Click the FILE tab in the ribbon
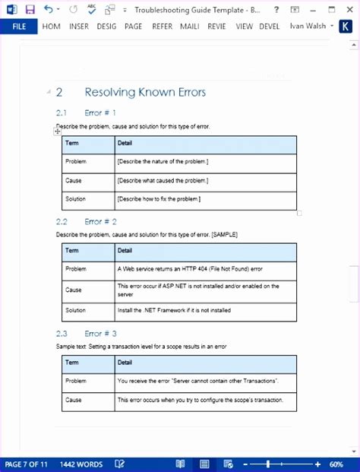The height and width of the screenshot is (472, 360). click(19, 26)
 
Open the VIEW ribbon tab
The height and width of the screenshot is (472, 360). click(244, 26)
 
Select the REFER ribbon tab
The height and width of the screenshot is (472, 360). click(162, 26)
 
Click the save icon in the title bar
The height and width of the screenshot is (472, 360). click(30, 9)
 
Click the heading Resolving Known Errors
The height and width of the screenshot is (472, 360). click(145, 93)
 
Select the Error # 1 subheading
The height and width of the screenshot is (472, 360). click(100, 113)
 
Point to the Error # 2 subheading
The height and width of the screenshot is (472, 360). click(100, 222)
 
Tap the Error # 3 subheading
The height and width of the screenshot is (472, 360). click(100, 333)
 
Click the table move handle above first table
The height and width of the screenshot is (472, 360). click(58, 131)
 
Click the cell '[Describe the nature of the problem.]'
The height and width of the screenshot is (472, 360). click(163, 162)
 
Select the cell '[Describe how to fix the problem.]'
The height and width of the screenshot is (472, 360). click(159, 199)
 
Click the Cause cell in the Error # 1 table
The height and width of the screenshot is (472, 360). click(74, 181)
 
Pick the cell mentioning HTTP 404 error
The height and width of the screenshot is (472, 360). click(190, 269)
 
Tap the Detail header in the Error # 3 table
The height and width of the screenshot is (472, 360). click(125, 362)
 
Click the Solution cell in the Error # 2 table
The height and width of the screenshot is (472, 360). click(76, 310)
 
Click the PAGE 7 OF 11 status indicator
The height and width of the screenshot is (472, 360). click(27, 464)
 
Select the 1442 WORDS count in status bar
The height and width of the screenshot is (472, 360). click(81, 464)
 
